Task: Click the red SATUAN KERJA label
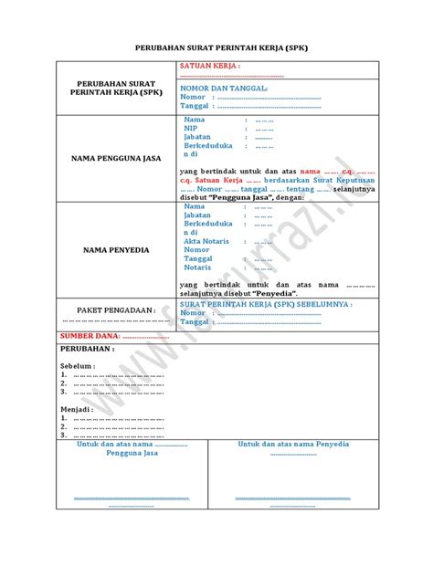[210, 67]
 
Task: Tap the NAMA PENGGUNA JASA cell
[116, 158]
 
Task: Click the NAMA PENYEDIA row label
[116, 249]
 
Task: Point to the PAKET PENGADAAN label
[116, 310]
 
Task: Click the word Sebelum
[78, 365]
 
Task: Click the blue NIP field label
[190, 128]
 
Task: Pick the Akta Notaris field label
[207, 241]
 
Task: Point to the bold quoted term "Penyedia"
[278, 292]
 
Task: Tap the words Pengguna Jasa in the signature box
[132, 453]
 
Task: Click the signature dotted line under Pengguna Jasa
[132, 499]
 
